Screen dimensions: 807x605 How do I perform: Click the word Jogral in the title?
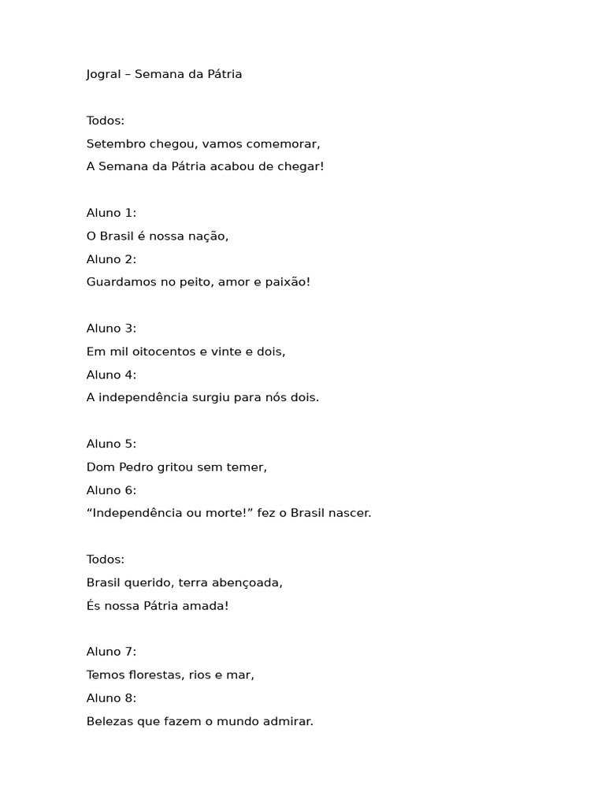coord(104,75)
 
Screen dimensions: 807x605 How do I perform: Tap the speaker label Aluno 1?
coord(111,213)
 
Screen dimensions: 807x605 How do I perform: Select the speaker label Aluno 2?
coord(111,259)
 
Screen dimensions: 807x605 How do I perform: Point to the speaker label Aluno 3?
coord(111,329)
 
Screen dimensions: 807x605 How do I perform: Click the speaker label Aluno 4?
coord(111,375)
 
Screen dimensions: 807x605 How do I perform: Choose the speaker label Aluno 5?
coord(111,444)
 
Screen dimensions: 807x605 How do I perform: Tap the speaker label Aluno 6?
coord(111,490)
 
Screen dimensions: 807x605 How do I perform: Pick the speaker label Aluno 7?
coord(111,652)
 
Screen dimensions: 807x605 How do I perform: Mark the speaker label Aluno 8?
coord(111,698)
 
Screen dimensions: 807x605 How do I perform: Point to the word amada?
coord(207,606)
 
